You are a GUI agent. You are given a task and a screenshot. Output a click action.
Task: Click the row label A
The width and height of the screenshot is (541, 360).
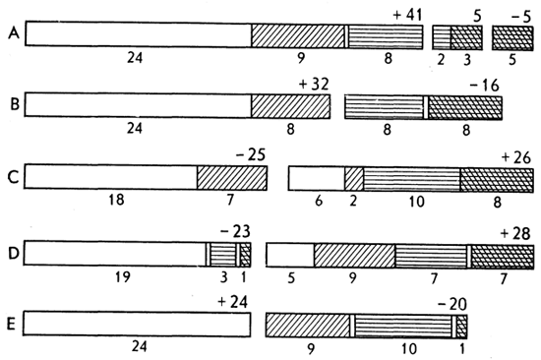14,33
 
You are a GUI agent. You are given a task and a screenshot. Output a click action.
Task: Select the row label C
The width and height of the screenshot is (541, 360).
13,177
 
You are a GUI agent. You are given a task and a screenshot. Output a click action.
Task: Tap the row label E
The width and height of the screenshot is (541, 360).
12,325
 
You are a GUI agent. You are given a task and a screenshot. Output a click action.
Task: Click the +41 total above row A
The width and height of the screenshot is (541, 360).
407,16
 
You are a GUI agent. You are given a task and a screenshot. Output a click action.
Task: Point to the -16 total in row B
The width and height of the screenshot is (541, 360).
484,86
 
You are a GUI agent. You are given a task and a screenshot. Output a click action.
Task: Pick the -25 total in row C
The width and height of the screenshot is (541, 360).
251,155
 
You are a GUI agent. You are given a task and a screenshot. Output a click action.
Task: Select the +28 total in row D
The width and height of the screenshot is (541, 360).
515,234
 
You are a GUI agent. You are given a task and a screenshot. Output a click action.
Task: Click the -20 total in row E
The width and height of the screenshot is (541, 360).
452,304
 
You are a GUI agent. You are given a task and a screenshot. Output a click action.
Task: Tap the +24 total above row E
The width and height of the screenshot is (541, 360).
233,302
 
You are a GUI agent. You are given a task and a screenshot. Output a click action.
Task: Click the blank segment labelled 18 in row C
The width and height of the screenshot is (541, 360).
111,177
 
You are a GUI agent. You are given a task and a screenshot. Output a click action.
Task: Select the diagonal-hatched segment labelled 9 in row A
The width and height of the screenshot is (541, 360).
298,35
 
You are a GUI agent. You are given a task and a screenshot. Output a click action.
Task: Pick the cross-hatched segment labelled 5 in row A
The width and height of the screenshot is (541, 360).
512,38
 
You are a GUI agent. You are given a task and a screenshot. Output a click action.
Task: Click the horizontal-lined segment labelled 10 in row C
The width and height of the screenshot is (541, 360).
411,179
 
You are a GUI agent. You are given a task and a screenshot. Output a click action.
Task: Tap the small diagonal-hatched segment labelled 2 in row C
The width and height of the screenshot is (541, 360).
354,179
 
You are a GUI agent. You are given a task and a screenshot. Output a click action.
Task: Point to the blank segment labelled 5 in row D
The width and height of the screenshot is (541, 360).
290,255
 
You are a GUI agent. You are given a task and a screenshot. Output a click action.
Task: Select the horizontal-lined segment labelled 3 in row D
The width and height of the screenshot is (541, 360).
223,255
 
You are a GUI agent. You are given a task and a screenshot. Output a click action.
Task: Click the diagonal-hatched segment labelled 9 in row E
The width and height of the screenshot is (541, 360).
308,326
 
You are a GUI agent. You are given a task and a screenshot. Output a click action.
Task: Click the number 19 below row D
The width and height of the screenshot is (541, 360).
123,276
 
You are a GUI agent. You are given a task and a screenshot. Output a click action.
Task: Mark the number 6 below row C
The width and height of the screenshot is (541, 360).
319,201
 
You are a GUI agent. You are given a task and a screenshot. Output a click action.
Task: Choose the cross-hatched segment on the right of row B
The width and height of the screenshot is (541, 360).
465,108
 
